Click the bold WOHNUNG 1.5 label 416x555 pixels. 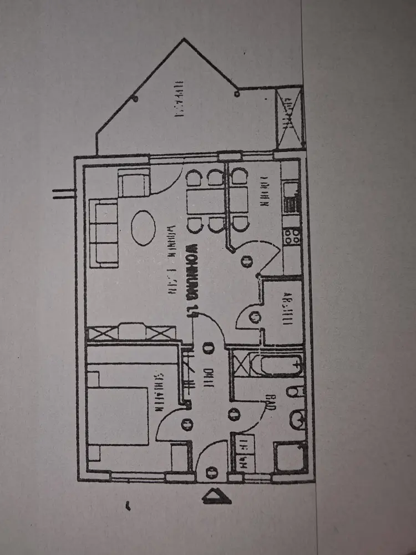(190, 280)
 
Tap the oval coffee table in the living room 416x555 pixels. (143, 226)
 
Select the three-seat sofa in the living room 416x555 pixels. (104, 233)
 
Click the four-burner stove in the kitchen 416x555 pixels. (292, 236)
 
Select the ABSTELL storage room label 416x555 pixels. (287, 310)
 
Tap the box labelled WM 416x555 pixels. (243, 454)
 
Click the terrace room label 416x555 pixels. (179, 100)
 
